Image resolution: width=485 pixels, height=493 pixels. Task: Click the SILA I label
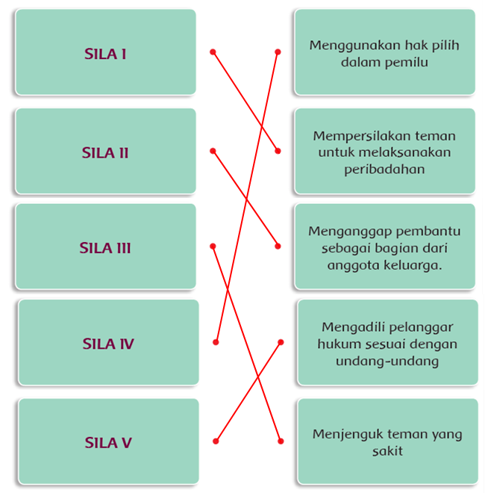pos(105,54)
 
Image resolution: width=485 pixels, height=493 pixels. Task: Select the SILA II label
pos(105,153)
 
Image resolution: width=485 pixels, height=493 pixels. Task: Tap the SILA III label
pos(105,248)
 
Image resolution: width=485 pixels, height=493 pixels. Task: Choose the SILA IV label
pos(108,344)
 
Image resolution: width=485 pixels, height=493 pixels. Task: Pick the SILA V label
pos(108,442)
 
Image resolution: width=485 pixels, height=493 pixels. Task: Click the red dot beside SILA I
pos(213,52)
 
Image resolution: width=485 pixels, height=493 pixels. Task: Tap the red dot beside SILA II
pos(213,151)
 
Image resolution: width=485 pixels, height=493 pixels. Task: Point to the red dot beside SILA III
pos(213,246)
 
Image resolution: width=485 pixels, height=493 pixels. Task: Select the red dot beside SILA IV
pos(216,342)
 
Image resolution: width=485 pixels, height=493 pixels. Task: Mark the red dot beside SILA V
pos(216,441)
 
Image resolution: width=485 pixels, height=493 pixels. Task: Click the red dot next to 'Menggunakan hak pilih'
pos(278,52)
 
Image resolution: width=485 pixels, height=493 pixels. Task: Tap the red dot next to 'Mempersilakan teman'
pos(278,151)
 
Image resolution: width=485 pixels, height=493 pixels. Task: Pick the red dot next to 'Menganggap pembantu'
pos(278,246)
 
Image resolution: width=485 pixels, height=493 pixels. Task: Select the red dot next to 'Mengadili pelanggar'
pos(281,342)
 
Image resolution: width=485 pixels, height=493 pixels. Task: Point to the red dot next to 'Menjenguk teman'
pos(281,441)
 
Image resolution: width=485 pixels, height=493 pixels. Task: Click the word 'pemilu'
pos(407,63)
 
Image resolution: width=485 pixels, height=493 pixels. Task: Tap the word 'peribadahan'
pos(384,170)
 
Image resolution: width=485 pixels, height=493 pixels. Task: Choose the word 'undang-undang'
pos(387,361)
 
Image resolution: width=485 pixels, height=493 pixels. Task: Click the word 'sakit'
pos(387,451)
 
